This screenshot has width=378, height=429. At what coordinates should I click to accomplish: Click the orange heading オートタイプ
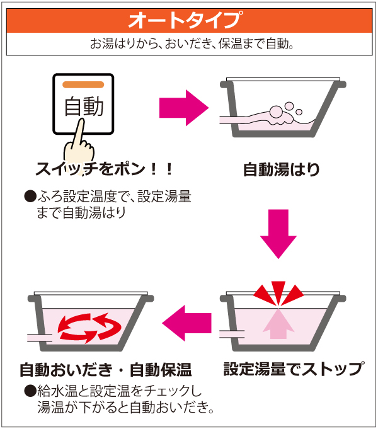tap(186, 20)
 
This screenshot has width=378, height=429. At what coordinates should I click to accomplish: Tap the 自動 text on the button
tap(84, 106)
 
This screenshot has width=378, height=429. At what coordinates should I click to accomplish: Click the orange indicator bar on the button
tap(83, 85)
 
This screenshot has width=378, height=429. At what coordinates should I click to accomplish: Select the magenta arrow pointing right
tap(184, 108)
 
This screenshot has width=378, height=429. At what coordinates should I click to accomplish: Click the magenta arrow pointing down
tap(278, 234)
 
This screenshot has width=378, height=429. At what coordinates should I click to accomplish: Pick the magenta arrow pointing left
tap(186, 323)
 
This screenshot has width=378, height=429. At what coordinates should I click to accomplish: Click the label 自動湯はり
tap(282, 169)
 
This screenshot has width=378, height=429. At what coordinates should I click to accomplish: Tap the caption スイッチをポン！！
tap(105, 169)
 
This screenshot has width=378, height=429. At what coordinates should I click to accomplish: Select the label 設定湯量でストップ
tap(294, 369)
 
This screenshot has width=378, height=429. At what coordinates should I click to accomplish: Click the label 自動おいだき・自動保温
tap(106, 370)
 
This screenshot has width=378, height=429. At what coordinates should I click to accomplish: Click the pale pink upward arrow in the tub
tap(278, 324)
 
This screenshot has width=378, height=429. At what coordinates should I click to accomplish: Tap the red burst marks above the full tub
tap(278, 294)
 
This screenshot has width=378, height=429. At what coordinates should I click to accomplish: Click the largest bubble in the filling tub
tap(276, 112)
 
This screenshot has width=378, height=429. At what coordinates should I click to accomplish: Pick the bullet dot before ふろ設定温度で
tap(30, 196)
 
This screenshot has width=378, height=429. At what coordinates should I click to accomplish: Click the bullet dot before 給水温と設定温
tap(30, 391)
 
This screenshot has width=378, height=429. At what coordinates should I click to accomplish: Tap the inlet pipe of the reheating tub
tap(40, 338)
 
